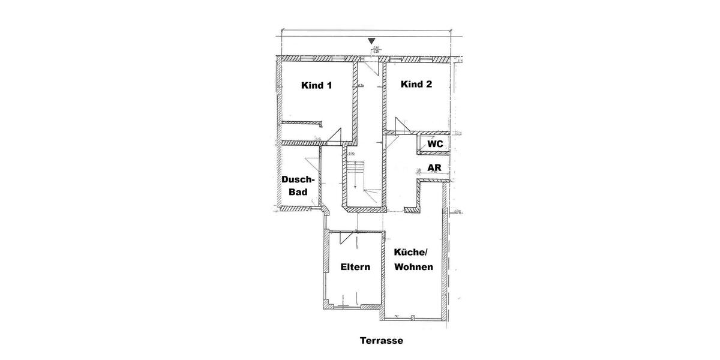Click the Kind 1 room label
(x=316, y=85)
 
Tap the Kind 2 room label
(x=416, y=85)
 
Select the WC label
(x=435, y=144)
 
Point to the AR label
(x=434, y=167)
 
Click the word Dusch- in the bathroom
(x=298, y=180)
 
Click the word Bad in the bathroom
(x=298, y=192)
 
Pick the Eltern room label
(x=355, y=267)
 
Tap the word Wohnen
(x=413, y=267)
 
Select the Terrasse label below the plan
(x=382, y=341)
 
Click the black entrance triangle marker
(x=371, y=41)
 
